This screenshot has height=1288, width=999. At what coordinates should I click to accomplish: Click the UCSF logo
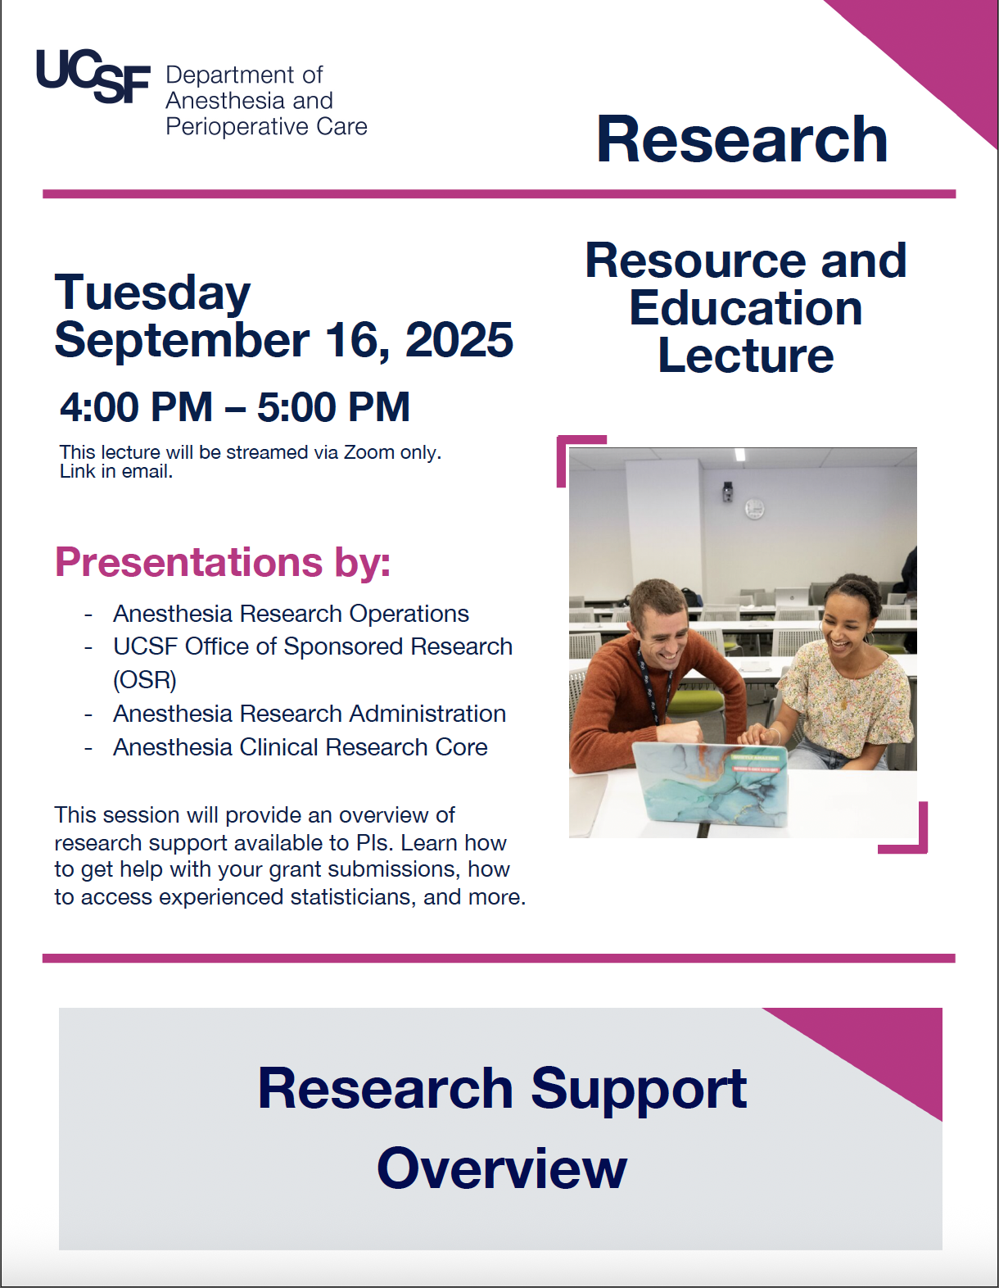tap(93, 78)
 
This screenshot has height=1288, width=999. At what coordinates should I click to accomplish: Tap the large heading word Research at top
tap(742, 139)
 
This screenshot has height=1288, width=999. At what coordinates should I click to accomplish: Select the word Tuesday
tap(152, 293)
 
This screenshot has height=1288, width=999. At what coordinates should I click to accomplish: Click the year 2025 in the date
tap(459, 340)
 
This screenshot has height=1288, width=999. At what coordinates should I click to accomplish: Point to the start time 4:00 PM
tap(136, 407)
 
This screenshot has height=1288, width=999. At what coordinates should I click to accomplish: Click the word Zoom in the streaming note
tap(368, 452)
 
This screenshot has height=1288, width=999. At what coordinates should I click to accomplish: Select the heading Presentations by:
tap(223, 562)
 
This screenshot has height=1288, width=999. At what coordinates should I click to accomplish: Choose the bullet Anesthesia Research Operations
tap(291, 614)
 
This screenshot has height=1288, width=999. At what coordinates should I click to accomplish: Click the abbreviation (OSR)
tap(145, 680)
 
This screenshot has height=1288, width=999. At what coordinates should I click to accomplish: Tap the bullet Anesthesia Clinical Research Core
tap(300, 747)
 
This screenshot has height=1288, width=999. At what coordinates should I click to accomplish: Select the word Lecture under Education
tap(745, 356)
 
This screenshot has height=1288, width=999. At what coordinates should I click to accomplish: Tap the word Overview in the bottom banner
tap(502, 1168)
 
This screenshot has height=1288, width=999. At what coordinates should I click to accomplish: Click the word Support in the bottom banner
tap(639, 1089)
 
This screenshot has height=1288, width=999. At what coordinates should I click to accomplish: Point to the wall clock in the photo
tap(754, 509)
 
